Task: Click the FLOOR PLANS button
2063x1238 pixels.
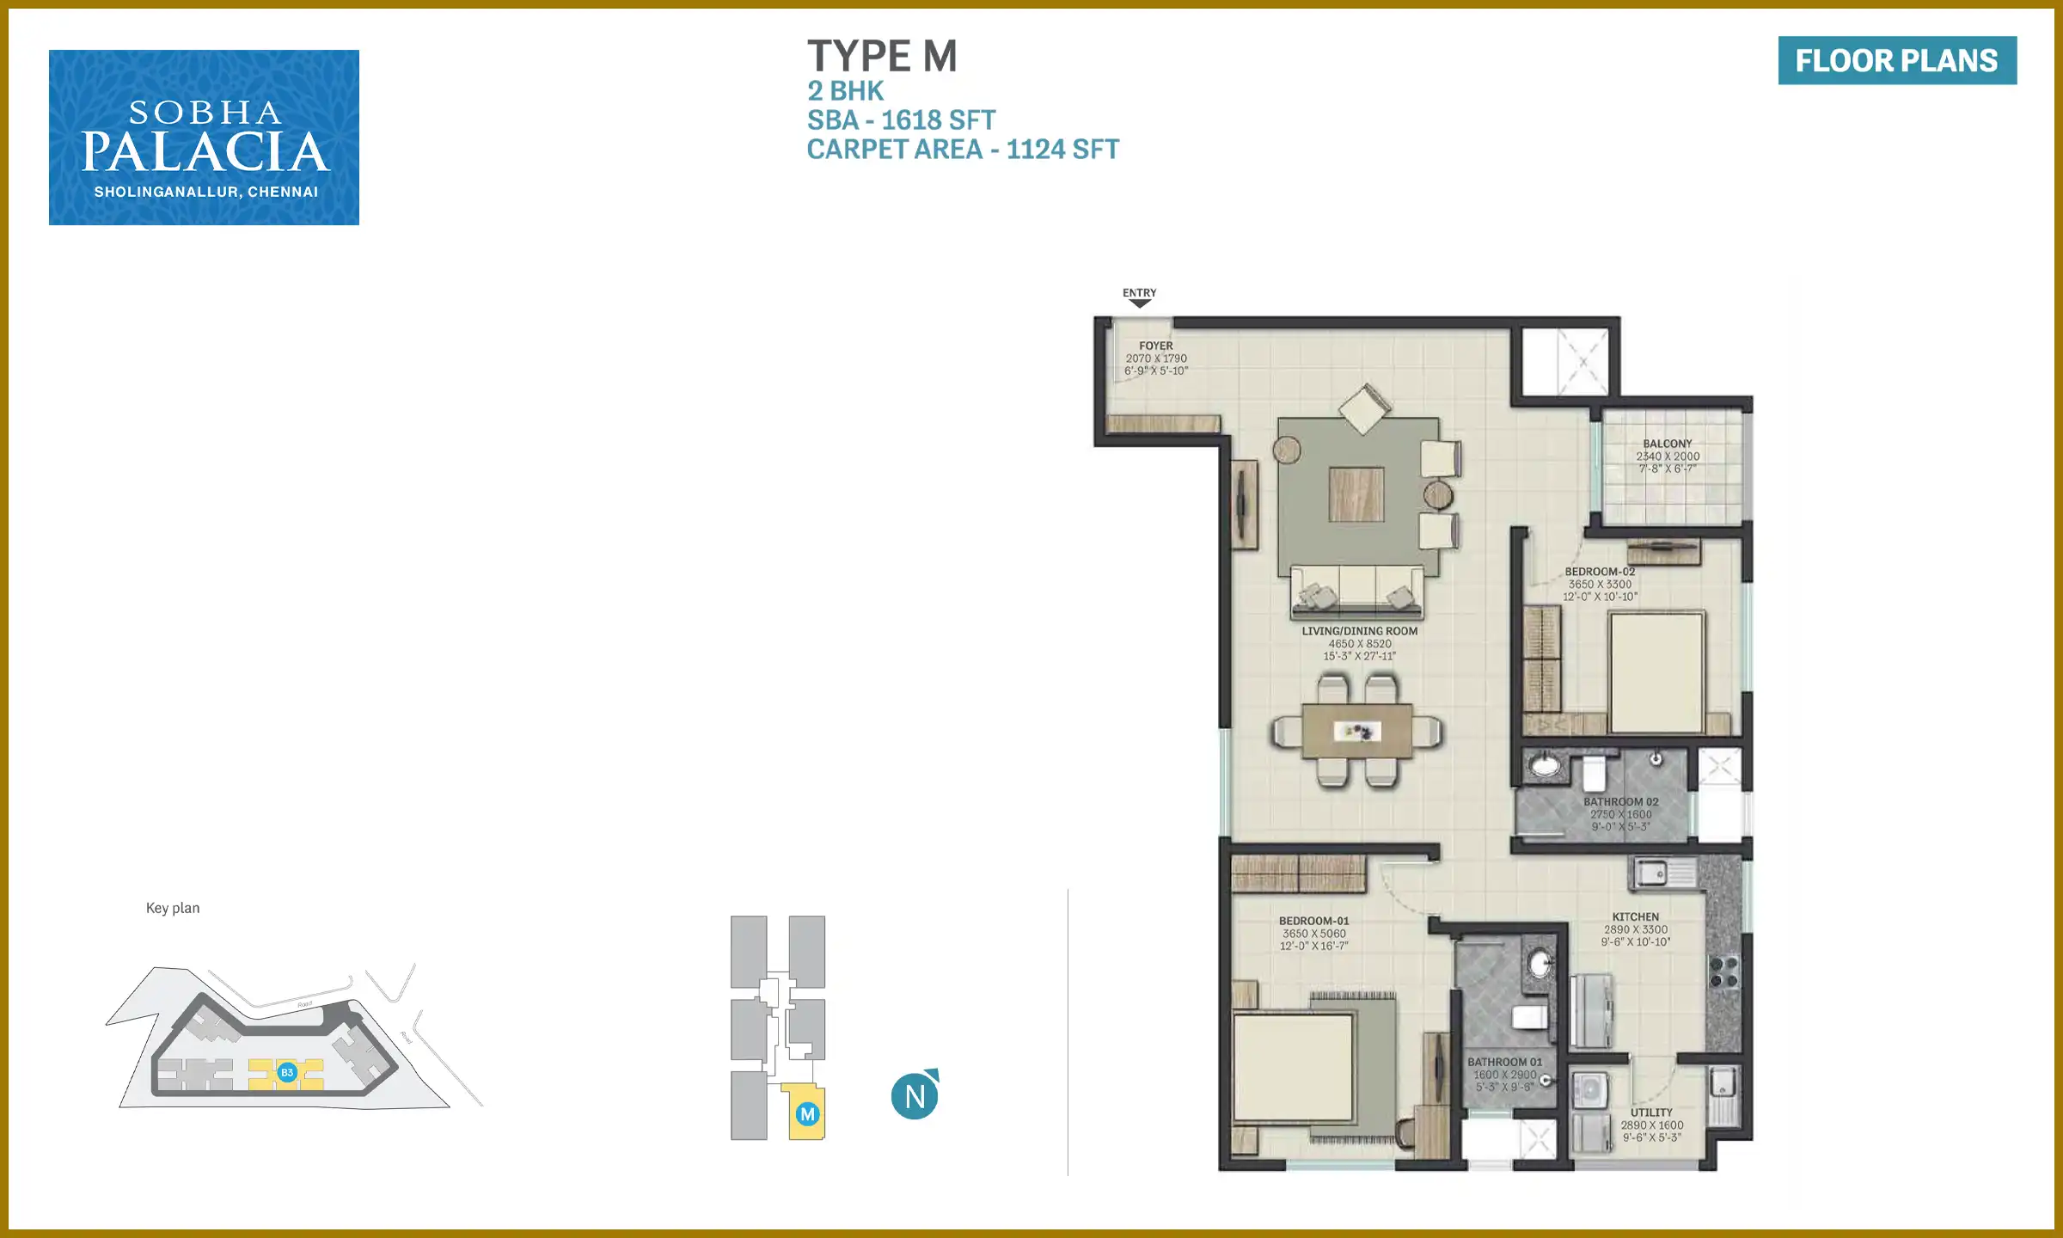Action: (1896, 60)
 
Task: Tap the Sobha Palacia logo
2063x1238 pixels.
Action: (204, 138)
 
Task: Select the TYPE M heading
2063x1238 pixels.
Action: (881, 57)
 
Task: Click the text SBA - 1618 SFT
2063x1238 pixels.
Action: (901, 120)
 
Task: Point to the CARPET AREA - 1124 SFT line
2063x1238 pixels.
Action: (962, 149)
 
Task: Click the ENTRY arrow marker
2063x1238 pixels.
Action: (1139, 302)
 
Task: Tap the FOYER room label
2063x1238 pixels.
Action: (1155, 346)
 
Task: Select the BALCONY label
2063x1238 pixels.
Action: (1667, 444)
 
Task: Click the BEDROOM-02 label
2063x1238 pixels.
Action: (1599, 572)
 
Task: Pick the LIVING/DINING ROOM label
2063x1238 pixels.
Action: (1359, 631)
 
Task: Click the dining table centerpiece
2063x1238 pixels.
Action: (1356, 732)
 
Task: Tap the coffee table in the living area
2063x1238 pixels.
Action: (1356, 494)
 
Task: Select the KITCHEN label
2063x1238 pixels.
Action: (1635, 917)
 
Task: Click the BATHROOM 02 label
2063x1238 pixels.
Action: (1620, 802)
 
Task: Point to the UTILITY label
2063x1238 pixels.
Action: (1651, 1112)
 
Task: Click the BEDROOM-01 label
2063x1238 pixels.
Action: (1313, 921)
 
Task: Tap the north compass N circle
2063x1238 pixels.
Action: (915, 1096)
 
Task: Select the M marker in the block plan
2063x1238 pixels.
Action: (807, 1114)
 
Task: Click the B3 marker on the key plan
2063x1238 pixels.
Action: (287, 1072)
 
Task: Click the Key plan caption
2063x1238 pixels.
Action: (173, 908)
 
